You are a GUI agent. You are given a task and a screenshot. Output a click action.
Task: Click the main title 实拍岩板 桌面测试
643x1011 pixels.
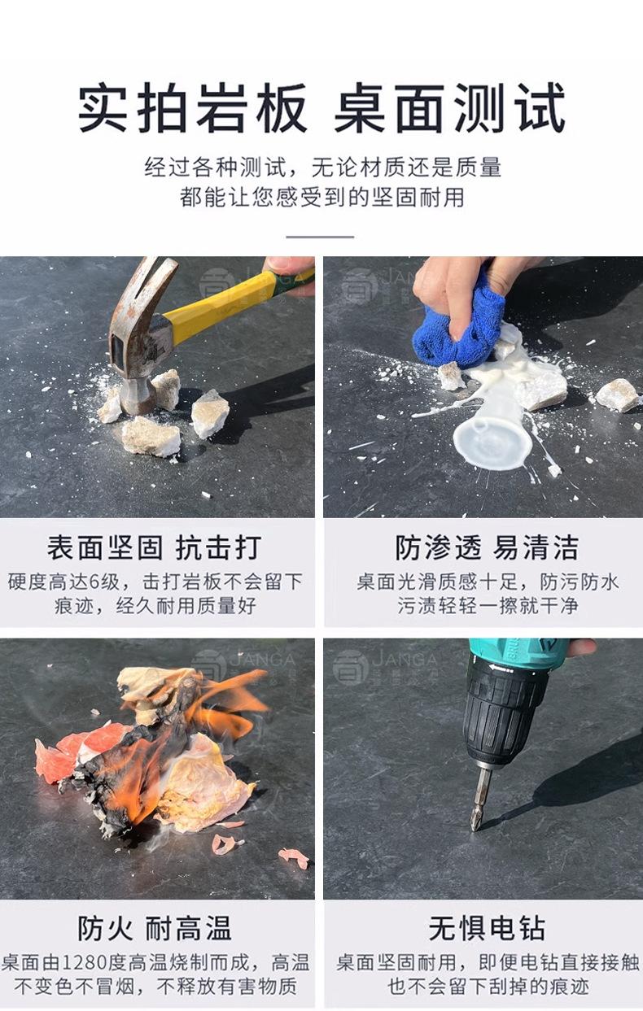321,107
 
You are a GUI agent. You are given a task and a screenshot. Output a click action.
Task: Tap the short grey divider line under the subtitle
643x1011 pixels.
320,237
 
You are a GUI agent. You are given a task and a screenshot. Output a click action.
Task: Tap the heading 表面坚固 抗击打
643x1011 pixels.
154,547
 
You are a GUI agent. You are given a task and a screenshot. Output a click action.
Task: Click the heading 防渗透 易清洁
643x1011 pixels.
487,547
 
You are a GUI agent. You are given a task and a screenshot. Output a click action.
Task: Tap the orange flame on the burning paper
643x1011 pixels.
149,776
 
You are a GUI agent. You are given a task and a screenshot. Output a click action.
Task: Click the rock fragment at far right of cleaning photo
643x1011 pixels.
617,395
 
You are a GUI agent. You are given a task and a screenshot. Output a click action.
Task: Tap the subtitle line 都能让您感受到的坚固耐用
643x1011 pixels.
321,197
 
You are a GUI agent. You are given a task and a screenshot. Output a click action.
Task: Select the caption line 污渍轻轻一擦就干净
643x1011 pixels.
488,606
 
